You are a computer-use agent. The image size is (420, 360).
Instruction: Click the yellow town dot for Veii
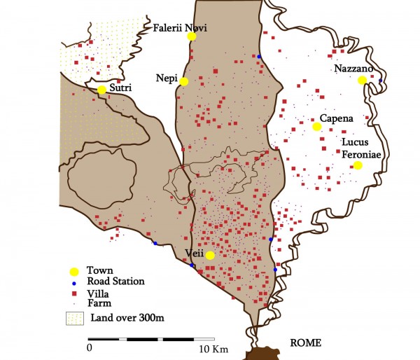tap(210, 255)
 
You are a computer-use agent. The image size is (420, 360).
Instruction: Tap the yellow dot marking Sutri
tap(101, 90)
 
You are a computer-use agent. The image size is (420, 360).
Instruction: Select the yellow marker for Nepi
tap(183, 81)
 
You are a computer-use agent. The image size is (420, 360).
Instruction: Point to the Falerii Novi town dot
tap(191, 37)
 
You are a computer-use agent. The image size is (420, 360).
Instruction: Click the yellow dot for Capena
tap(316, 127)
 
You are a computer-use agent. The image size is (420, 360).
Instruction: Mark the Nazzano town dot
tap(362, 81)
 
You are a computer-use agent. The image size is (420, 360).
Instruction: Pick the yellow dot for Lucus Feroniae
tap(358, 165)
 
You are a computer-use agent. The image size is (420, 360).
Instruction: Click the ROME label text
tap(304, 343)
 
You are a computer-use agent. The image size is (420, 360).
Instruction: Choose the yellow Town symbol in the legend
tap(73, 271)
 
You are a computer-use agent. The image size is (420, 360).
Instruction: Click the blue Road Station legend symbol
tap(73, 282)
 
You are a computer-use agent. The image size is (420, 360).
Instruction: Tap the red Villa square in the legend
tap(73, 293)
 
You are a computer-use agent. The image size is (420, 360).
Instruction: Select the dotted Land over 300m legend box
tap(73, 319)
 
